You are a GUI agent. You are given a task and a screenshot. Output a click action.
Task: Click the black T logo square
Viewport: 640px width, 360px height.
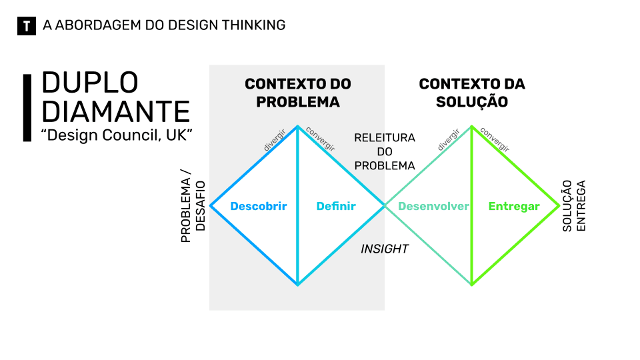26,26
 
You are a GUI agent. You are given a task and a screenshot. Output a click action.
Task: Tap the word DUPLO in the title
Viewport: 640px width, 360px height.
90,83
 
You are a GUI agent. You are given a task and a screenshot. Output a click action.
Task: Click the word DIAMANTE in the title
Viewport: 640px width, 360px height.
116,111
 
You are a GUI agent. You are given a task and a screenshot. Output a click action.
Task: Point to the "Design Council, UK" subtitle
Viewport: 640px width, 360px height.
117,134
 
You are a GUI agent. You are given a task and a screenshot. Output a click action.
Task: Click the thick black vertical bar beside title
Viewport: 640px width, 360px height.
27,107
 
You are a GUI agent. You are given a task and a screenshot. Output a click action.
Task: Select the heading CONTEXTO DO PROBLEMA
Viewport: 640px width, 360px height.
298,93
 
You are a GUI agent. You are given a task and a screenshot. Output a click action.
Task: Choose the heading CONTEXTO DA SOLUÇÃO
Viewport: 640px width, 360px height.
472,93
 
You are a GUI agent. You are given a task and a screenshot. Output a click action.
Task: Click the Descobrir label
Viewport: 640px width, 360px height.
259,207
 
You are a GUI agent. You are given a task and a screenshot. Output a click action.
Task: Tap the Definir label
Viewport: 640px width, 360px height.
336,207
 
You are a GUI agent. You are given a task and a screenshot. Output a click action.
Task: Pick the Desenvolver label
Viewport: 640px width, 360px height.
433,207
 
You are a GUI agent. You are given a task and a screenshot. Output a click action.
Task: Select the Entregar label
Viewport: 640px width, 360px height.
514,207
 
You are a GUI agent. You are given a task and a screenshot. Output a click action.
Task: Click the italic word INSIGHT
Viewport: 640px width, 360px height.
385,249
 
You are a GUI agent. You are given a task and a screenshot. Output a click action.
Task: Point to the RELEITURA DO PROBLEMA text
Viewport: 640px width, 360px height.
385,151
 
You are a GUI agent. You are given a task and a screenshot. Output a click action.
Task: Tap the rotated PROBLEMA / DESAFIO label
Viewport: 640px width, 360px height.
193,210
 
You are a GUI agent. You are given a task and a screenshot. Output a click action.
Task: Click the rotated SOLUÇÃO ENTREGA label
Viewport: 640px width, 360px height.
573,207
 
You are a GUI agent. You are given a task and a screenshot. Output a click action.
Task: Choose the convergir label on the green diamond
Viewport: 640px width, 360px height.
495,139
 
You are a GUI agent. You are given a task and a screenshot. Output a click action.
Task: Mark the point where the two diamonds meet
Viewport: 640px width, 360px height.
385,206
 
